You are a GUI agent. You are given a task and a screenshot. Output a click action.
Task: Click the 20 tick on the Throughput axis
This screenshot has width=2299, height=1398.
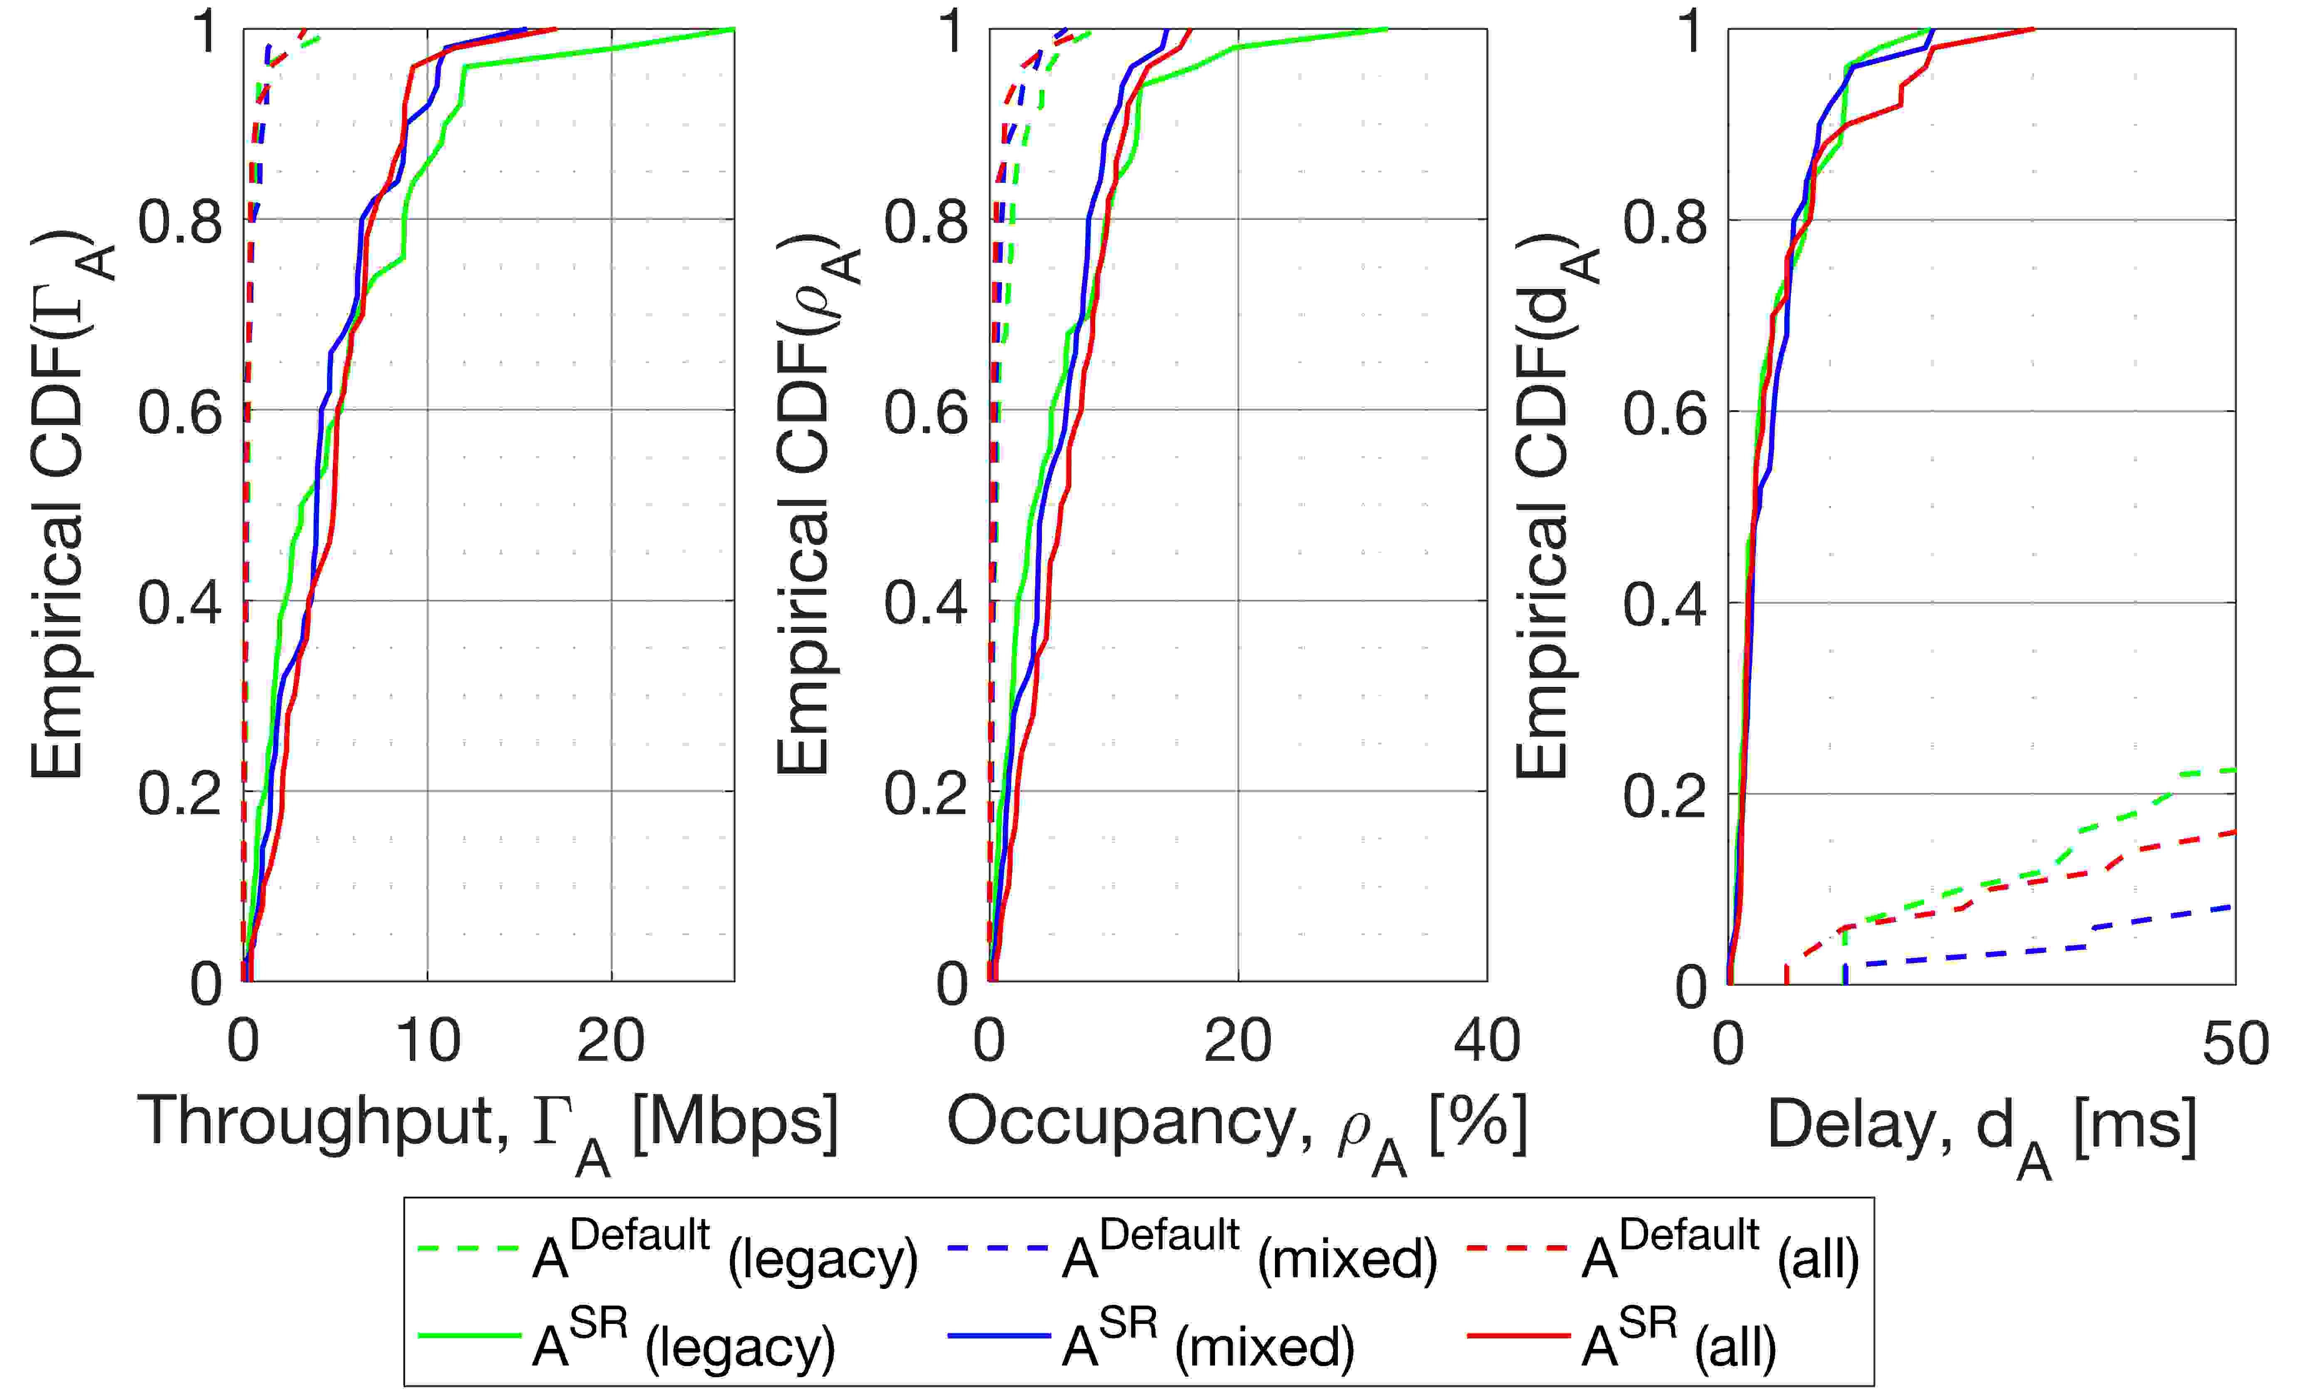point(611,1040)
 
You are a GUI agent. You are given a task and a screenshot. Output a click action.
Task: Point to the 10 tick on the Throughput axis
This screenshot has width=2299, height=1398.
point(427,1040)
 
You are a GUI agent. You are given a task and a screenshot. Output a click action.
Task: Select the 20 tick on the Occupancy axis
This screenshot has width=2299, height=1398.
point(1238,1040)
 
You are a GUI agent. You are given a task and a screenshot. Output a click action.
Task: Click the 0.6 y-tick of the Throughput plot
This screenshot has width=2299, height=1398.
point(180,410)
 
